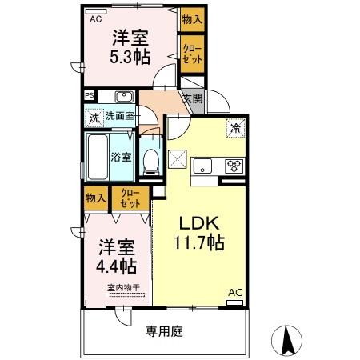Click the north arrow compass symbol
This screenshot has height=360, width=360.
point(286,340)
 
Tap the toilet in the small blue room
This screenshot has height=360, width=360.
point(151,162)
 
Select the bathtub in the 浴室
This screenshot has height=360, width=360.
point(98,157)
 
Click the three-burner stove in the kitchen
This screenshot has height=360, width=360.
point(234,166)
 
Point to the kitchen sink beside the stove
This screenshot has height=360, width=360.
point(202,166)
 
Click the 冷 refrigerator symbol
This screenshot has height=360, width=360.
point(235,128)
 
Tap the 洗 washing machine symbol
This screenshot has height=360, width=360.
point(94,118)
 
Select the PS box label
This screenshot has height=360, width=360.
point(90,95)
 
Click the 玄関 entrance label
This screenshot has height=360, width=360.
point(193,99)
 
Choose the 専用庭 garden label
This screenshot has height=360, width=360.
point(164,331)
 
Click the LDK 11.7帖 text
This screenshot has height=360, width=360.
point(199,233)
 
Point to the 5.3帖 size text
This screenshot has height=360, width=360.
point(130,57)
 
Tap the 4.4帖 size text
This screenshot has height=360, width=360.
point(116,266)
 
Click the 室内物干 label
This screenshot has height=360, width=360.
point(123,288)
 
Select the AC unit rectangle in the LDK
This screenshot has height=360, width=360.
point(234,302)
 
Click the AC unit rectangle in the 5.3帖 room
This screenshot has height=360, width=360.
point(96,12)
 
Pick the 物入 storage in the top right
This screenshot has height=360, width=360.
point(192,19)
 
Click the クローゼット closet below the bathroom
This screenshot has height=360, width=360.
point(130,198)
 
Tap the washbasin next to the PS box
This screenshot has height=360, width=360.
point(124,97)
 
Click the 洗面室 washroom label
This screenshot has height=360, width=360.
point(120,116)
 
